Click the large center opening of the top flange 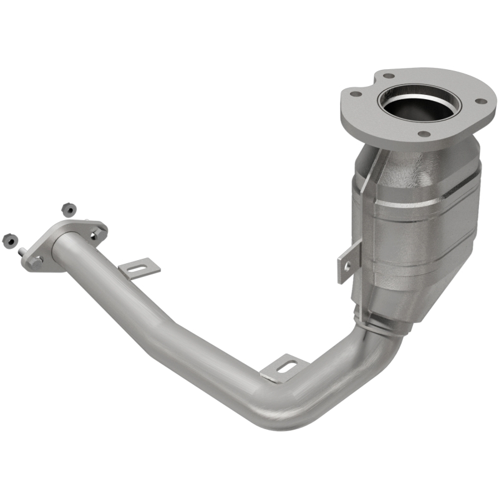coord(417,102)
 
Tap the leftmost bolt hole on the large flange coord(356,94)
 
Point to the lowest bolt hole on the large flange coord(423,133)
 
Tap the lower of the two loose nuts coord(8,239)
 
